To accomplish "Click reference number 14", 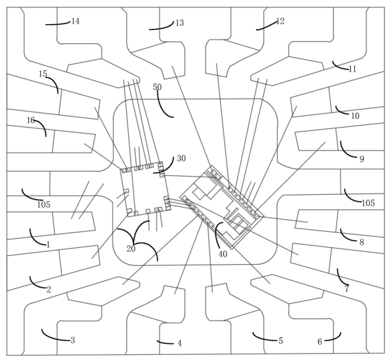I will (x=75, y=21).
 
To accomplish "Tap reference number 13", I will (x=179, y=23).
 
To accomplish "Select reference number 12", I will (x=280, y=21).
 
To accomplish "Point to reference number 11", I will (x=353, y=69).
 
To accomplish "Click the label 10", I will (x=355, y=116).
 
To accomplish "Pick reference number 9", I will (x=362, y=159).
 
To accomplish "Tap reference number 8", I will (x=362, y=242).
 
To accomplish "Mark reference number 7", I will (x=347, y=289).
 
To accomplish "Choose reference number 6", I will (x=320, y=342).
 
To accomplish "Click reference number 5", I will (x=281, y=341).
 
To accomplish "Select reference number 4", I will (x=179, y=343).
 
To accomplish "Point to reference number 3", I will (x=72, y=340).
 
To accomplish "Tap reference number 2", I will (x=49, y=290).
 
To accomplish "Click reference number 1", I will (x=48, y=244).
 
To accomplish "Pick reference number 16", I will (x=31, y=120).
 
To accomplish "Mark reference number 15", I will (x=43, y=74).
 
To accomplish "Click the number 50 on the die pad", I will (x=158, y=87).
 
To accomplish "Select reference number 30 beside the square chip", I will (x=181, y=158).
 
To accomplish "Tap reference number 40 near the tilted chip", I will (x=222, y=254).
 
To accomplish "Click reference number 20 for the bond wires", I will (x=131, y=249).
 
